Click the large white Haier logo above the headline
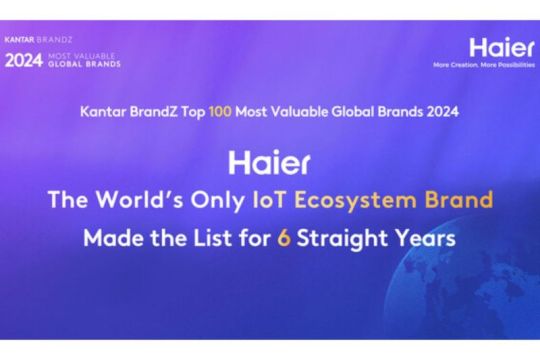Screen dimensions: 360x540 269,162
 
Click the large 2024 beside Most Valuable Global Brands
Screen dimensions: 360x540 24,60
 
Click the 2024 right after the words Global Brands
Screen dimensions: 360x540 442,113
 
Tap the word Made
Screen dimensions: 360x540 112,239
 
